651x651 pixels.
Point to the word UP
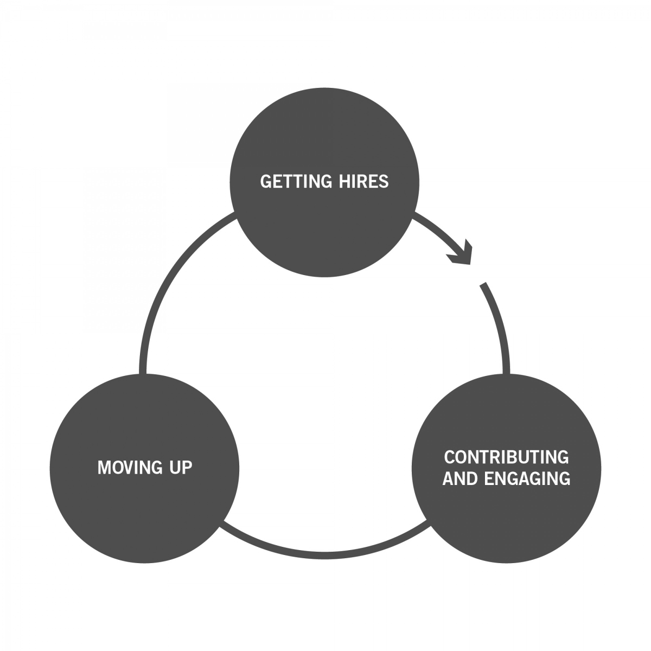181,468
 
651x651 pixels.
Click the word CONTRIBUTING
506,457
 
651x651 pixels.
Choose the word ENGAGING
527,478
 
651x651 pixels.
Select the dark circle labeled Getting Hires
324,182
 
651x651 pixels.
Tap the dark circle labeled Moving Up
145,468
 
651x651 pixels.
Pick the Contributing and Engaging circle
506,468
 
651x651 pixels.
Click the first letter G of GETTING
265,181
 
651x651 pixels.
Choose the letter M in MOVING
105,468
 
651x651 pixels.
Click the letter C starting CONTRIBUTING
450,457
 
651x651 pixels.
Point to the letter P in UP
187,468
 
